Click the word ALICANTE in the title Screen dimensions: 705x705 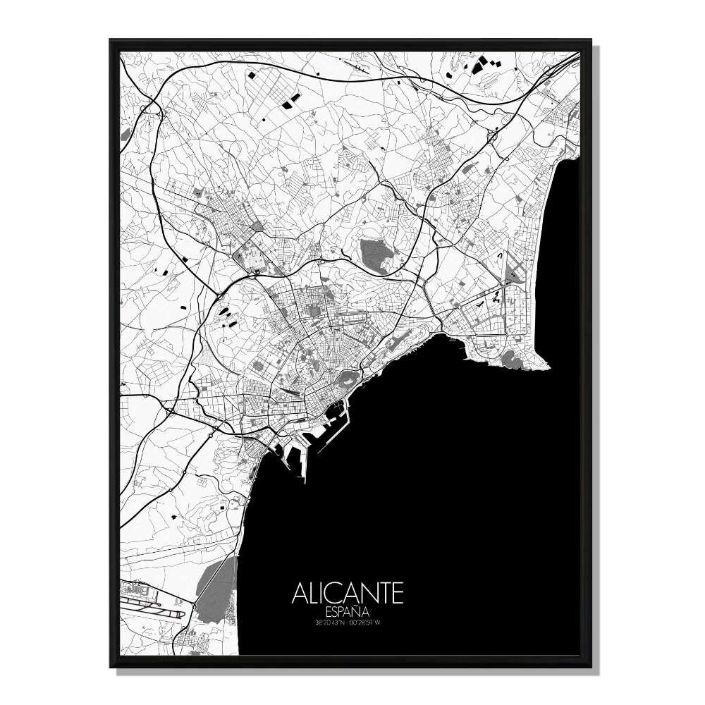click(348, 593)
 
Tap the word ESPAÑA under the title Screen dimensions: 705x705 click(348, 611)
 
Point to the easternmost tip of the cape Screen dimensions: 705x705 click(549, 364)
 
